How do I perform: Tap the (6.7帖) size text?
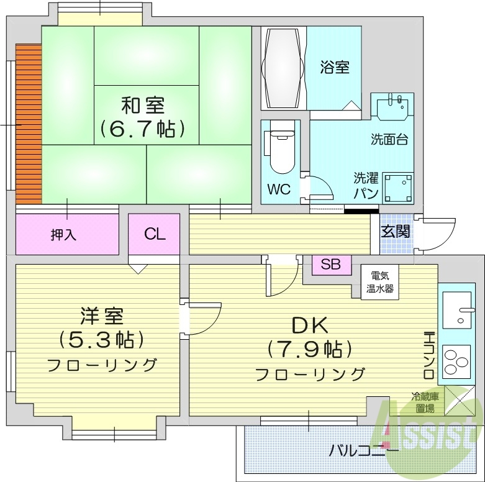coord(142,129)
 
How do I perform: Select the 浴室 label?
coord(335,67)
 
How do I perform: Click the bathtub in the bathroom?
coord(283,68)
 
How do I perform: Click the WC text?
coord(279,189)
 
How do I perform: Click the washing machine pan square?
coord(398,187)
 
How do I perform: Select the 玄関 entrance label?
coord(394,232)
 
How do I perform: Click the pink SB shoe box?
coord(331,264)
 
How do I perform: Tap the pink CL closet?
coord(155,234)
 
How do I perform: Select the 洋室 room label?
coord(101,316)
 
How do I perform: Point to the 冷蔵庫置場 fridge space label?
coord(425,402)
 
